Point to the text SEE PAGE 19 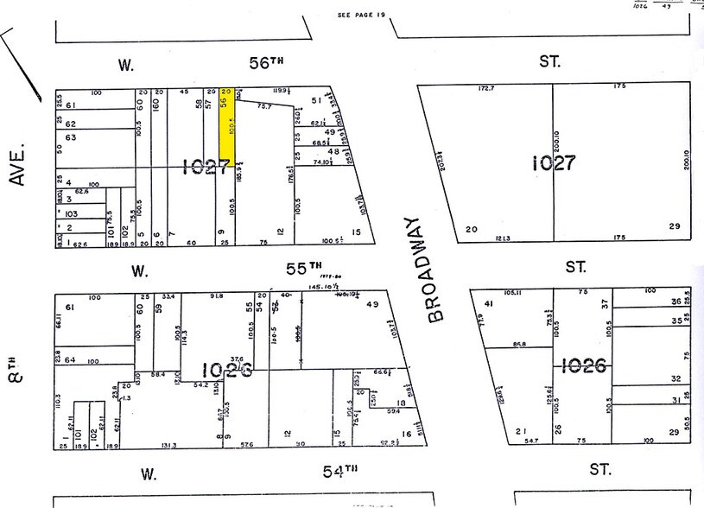tap(360, 16)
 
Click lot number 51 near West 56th tap(316, 101)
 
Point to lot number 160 tap(156, 105)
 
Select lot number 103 tap(71, 213)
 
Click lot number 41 tap(488, 303)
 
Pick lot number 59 tap(159, 308)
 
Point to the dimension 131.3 tap(169, 446)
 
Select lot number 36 tap(675, 302)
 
